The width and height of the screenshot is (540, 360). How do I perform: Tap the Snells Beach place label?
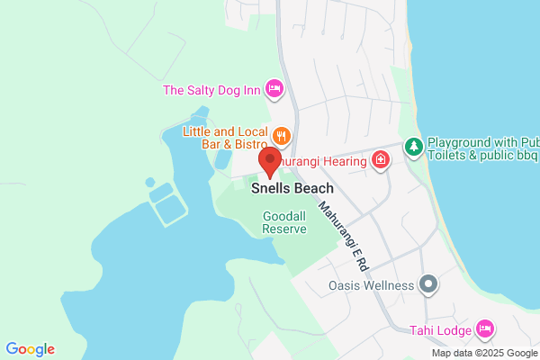[292, 189]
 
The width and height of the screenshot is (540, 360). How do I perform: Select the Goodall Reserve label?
[285, 222]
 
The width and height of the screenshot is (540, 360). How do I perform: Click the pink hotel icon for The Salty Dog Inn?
[274, 89]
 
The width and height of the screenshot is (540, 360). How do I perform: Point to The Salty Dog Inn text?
[211, 90]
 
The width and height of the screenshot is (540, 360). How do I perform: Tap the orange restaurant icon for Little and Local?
[282, 136]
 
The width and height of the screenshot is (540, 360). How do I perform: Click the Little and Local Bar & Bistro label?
[226, 137]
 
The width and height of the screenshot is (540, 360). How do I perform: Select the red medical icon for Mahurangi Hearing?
[382, 160]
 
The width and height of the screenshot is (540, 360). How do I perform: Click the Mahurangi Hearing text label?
[324, 161]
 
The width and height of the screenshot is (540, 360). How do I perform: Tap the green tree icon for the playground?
[413, 146]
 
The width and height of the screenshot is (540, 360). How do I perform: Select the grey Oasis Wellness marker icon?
[429, 285]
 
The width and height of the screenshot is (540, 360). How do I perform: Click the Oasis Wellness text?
[371, 286]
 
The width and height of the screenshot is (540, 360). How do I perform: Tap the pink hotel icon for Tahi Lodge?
[485, 328]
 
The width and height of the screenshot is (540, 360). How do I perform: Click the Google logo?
[30, 349]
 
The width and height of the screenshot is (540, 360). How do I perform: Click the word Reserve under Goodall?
[284, 229]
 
